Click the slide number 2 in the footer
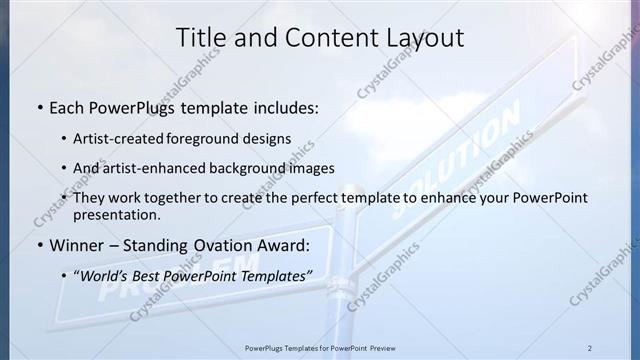(x=589, y=348)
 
